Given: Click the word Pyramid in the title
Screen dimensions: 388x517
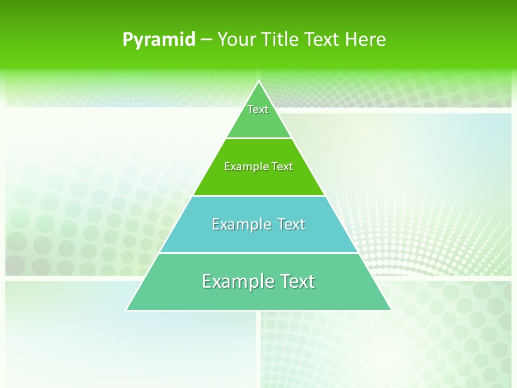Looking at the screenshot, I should coord(159,40).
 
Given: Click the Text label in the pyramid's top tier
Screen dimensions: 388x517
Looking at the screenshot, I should coord(258,109).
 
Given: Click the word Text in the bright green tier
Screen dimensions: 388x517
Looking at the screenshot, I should coord(282,167).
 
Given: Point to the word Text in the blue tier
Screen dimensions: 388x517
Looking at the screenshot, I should coord(291,224).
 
